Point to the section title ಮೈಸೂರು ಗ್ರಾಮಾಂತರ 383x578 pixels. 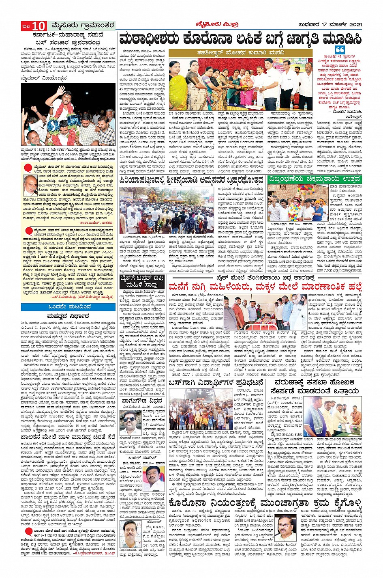click(83, 26)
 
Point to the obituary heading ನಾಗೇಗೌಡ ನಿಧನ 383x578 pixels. click(141, 400)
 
